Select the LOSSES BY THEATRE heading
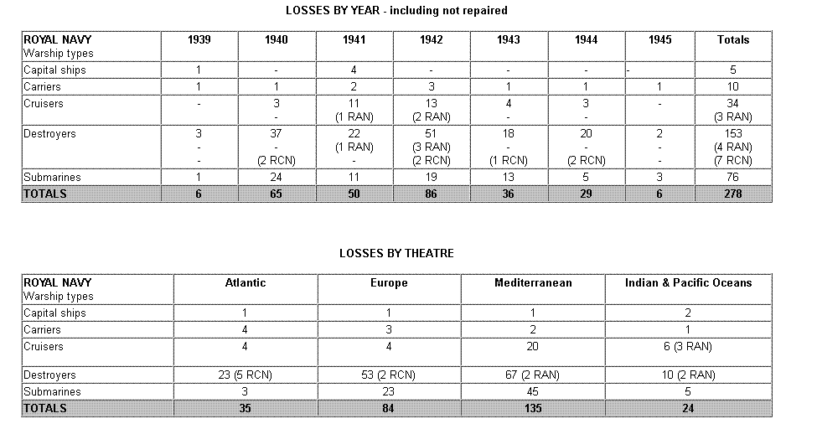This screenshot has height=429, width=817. coord(396,253)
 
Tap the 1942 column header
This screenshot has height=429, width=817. coord(432,39)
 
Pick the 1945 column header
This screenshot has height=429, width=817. coord(664,39)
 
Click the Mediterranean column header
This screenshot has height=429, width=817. coord(533,282)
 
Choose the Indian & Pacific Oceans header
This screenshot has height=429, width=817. coord(688,282)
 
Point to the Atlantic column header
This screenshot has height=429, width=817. coord(246,282)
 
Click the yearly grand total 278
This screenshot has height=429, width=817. coord(733,194)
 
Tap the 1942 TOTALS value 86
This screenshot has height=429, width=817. coord(432,194)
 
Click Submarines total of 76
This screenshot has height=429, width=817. coord(733,177)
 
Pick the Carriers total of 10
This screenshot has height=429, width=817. coord(733,86)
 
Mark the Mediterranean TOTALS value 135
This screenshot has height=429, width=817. coord(533,408)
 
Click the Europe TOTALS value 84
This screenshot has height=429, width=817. coord(389,408)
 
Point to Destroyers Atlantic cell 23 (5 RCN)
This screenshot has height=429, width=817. coord(246,375)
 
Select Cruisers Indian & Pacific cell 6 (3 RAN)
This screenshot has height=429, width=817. coord(688,346)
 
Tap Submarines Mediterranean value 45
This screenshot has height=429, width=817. coord(533,391)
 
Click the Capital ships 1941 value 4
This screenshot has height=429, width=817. coord(354,70)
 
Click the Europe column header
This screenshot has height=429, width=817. coord(389,282)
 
